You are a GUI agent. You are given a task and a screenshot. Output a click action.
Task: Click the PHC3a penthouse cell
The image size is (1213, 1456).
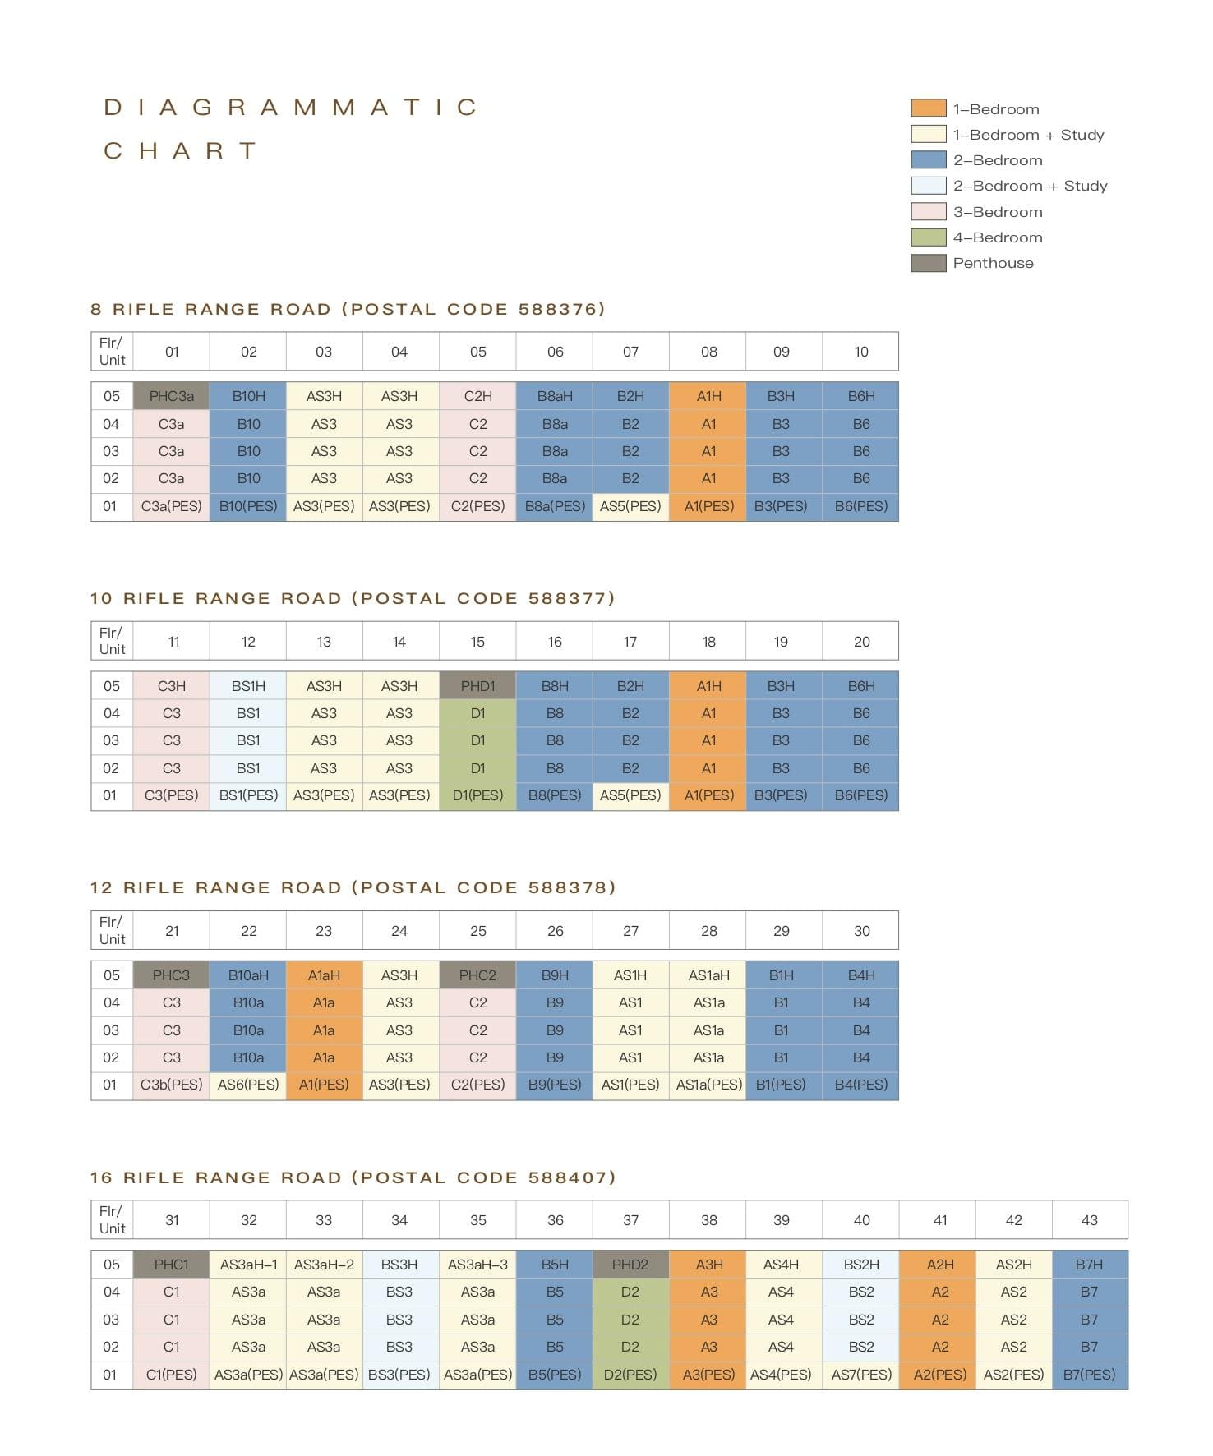point(171,396)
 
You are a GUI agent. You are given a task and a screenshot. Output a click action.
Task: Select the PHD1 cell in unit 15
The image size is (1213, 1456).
point(477,685)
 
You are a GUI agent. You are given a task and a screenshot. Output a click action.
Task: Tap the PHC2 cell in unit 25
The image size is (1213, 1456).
point(477,975)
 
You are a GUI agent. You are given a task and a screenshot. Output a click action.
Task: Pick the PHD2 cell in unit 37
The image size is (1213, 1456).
point(630,1265)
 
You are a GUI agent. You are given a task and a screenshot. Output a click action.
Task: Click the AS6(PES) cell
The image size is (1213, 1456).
point(248,1085)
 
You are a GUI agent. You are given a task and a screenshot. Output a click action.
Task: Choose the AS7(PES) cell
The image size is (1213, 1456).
point(861,1375)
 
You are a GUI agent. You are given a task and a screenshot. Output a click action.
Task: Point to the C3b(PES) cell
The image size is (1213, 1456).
point(171,1085)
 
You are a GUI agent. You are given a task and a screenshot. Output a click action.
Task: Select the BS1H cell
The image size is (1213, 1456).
point(248,685)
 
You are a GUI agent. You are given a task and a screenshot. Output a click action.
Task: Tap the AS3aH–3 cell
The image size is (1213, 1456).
point(477,1265)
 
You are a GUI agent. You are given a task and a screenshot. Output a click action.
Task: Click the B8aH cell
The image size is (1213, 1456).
point(555,396)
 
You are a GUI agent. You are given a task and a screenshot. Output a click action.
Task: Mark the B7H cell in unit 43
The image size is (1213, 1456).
point(1090,1265)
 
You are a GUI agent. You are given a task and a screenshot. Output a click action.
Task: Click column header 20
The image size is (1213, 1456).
point(861,642)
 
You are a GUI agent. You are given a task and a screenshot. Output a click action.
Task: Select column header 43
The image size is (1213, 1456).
point(1090,1220)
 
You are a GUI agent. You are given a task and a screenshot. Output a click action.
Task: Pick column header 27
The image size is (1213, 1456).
point(630,931)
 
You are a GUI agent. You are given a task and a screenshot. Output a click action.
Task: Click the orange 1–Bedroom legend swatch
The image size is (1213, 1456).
point(929,108)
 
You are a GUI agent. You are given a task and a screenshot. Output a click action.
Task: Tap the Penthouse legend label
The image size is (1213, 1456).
point(994,263)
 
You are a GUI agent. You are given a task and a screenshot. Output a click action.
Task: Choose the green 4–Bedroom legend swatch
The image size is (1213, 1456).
point(929,237)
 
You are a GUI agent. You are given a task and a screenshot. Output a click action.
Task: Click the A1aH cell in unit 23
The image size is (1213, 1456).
point(324,975)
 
